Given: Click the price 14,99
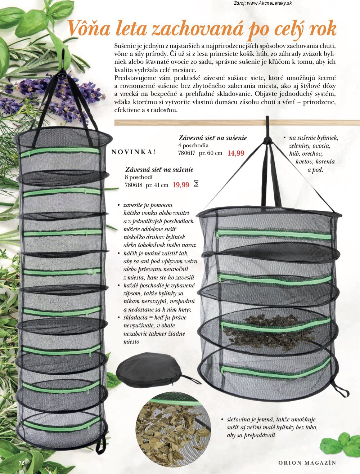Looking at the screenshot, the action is [236, 153].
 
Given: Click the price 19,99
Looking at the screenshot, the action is [181, 185].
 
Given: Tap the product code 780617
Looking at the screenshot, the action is [187, 153].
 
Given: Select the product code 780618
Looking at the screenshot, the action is [134, 185].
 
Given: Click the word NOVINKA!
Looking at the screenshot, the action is [134, 152].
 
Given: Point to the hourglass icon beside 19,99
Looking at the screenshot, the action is [196, 184].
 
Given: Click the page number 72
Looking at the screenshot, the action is [22, 462].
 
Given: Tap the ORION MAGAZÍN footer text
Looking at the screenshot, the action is [307, 463].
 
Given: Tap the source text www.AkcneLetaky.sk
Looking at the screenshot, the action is [269, 3].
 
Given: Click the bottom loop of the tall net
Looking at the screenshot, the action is [101, 441].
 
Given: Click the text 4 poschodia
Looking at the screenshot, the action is [193, 145].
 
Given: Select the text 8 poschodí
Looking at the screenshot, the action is [139, 177].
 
